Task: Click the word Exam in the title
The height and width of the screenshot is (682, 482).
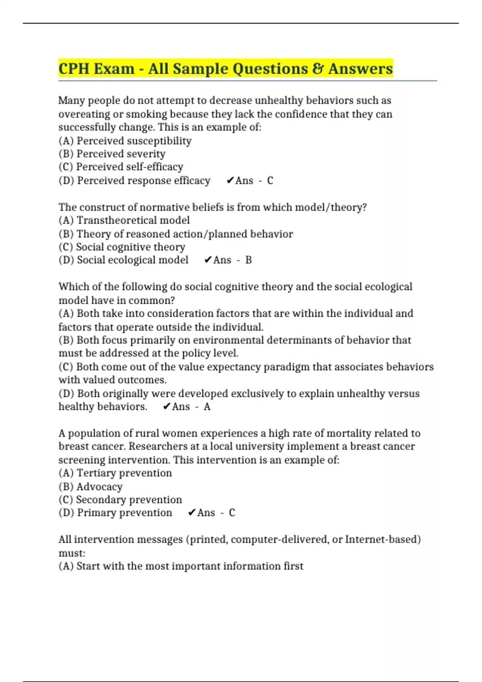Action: (x=114, y=69)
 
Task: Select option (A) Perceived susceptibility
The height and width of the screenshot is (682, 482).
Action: (x=125, y=141)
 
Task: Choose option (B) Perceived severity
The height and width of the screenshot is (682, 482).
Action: (x=112, y=154)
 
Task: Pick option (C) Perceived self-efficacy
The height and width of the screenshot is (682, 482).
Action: (x=120, y=167)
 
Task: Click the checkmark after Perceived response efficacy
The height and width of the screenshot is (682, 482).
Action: (x=230, y=181)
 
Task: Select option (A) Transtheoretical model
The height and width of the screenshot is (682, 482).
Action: (x=124, y=220)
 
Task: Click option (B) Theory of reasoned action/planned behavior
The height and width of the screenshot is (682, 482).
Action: (x=176, y=234)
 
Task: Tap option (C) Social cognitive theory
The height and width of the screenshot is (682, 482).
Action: (x=122, y=247)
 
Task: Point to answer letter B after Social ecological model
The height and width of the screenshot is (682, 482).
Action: (x=249, y=260)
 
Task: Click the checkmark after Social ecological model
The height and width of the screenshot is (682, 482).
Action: (x=208, y=260)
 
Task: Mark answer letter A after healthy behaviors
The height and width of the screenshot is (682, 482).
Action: (x=207, y=407)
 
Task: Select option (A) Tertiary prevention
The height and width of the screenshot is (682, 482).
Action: (x=115, y=473)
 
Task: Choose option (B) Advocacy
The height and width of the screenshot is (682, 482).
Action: (x=90, y=487)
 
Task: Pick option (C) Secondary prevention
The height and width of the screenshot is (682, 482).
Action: (x=120, y=500)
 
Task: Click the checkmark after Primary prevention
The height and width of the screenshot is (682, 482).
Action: (x=192, y=513)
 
